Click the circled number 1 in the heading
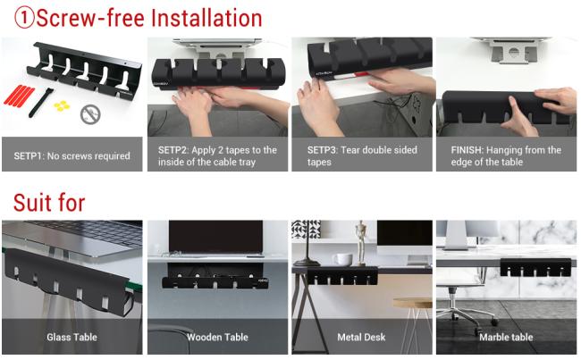(x=24, y=18)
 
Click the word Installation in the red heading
(x=206, y=18)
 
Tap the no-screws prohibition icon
(x=90, y=114)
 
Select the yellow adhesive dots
(x=62, y=106)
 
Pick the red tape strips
(x=20, y=95)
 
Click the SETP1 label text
(x=72, y=156)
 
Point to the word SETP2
(x=173, y=150)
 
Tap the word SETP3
(x=323, y=150)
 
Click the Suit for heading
(x=49, y=203)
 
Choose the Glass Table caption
(x=72, y=337)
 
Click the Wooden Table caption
(x=217, y=337)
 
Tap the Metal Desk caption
(x=361, y=337)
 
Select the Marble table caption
(x=506, y=337)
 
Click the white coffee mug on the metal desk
(x=342, y=260)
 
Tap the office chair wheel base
(x=467, y=314)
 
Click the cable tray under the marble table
(x=535, y=267)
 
